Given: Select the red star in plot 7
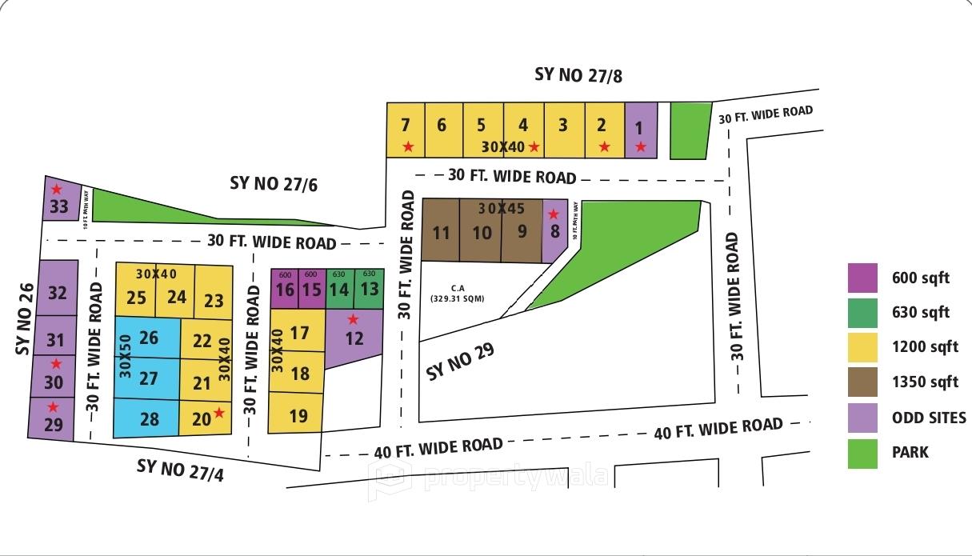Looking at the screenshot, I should pyautogui.click(x=408, y=146).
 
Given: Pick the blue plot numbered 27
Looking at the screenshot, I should pyautogui.click(x=149, y=378).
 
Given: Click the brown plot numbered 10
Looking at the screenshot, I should pyautogui.click(x=482, y=233).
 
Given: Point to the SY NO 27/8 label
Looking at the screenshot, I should pyautogui.click(x=578, y=76).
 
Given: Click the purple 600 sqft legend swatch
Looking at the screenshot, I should pyautogui.click(x=862, y=278).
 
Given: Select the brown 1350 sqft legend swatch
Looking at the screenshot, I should pyautogui.click(x=862, y=382).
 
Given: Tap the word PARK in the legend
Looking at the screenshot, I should pyautogui.click(x=910, y=452).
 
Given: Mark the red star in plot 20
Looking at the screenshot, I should pyautogui.click(x=218, y=413).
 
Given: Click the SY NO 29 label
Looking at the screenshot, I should pyautogui.click(x=460, y=361).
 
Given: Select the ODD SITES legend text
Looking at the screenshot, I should pyautogui.click(x=929, y=418).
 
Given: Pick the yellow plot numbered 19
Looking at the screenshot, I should pyautogui.click(x=298, y=415).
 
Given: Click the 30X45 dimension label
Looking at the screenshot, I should pyautogui.click(x=502, y=209).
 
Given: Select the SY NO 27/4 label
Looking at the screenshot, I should pyautogui.click(x=180, y=469).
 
